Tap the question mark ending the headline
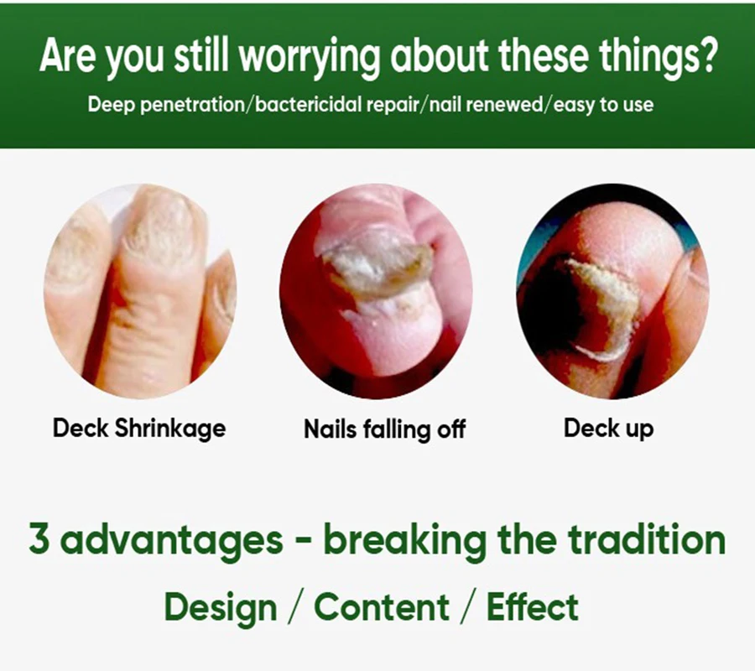coord(704,55)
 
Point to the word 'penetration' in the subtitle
coord(193,106)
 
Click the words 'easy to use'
coord(603,105)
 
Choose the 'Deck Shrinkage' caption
coord(139,428)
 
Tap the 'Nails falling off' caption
coord(385,429)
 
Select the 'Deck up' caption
coord(609,428)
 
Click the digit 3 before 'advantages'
coord(39,538)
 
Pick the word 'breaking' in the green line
coord(404,539)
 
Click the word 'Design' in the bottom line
coord(221,607)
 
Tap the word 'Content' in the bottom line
coord(382,606)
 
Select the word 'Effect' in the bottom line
coord(533,606)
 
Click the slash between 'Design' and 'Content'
coord(295,606)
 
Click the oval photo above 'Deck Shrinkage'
coord(140,291)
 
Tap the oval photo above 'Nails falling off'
coord(376,291)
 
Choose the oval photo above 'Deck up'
coord(612,291)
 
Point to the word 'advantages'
coord(171,540)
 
